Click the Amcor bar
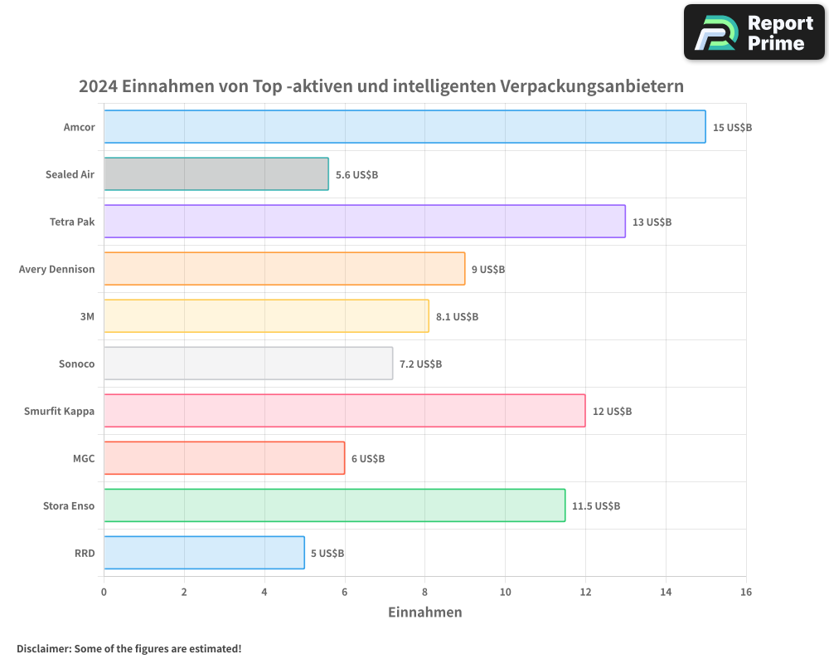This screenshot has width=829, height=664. point(405,127)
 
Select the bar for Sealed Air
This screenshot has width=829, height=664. point(216,174)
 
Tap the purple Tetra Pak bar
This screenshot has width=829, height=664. point(365,222)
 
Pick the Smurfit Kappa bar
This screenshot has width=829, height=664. point(344,411)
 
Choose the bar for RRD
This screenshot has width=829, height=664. point(204,553)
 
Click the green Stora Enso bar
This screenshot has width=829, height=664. point(334,505)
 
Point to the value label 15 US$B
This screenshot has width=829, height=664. point(732,128)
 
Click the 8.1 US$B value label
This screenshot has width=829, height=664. point(457,317)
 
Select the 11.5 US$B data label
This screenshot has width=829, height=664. point(595,506)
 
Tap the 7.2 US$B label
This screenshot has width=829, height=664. point(420,364)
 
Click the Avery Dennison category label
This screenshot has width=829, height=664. point(56,269)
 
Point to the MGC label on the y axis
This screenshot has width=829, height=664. point(84,458)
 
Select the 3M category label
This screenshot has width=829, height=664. point(87,316)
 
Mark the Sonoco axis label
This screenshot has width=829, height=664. point(76,364)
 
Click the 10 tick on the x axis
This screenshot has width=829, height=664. point(505,592)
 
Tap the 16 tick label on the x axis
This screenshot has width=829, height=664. point(746,592)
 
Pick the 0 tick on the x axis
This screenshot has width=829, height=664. point(104,592)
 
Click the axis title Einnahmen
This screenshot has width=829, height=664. point(424,613)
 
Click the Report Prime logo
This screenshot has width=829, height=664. point(754,32)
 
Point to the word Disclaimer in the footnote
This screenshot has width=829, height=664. point(42,648)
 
